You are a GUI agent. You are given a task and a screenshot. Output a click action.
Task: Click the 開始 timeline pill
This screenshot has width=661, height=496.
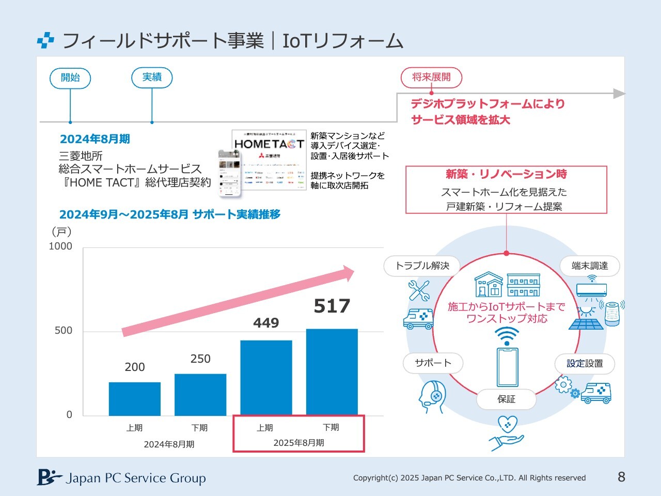(70, 78)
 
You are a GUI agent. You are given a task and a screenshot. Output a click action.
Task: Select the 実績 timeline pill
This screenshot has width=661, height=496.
(152, 78)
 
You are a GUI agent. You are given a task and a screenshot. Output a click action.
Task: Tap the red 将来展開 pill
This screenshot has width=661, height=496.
(431, 78)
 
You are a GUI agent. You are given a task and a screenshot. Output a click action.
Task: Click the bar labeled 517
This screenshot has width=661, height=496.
(332, 371)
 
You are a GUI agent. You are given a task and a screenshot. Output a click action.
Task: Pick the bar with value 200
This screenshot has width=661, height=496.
(135, 398)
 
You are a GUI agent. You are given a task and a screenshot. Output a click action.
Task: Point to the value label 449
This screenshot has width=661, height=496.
(266, 323)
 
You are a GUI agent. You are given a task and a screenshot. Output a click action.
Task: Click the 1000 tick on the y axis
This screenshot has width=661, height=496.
(60, 246)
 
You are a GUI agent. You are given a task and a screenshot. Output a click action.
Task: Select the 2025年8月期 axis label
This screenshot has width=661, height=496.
(298, 443)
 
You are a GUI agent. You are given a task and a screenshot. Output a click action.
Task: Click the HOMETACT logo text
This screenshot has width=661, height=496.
(269, 144)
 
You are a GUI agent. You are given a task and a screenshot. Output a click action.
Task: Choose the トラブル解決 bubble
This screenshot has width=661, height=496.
(422, 266)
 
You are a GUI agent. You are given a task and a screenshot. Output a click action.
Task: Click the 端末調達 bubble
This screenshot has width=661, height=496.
(590, 266)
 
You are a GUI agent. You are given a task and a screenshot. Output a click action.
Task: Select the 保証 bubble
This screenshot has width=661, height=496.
(506, 399)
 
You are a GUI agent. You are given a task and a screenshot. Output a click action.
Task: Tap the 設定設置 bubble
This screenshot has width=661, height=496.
(585, 364)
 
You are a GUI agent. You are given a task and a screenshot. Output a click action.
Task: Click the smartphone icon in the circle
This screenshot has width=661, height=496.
(507, 367)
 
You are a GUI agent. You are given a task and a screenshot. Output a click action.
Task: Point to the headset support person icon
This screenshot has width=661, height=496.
(432, 397)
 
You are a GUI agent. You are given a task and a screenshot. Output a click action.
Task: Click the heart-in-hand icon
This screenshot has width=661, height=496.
(507, 433)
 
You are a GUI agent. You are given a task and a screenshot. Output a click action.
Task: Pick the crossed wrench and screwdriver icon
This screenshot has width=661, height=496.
(419, 290)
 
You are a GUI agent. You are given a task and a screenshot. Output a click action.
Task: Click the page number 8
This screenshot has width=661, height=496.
(621, 477)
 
